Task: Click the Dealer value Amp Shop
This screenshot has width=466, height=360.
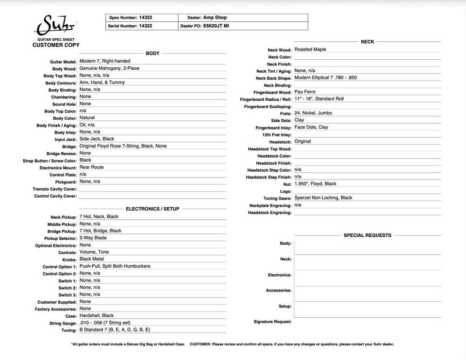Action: (x=215, y=17)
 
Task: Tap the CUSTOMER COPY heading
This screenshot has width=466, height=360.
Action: (x=56, y=45)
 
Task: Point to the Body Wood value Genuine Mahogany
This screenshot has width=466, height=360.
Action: (x=109, y=68)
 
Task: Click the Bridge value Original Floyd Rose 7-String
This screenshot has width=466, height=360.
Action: (x=123, y=146)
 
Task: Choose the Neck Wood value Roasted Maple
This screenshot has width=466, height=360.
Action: (x=310, y=49)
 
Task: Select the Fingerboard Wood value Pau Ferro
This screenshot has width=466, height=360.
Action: (x=305, y=92)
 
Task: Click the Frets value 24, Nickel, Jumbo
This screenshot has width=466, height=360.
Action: (x=313, y=113)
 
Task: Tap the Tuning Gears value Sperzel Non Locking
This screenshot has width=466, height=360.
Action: (x=323, y=198)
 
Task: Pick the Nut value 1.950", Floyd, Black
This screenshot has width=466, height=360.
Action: (x=315, y=184)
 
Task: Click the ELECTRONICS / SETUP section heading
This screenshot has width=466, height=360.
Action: (x=152, y=209)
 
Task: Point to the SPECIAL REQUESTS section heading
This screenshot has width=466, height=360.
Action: (x=367, y=235)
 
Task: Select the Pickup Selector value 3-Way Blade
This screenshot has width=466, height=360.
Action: (x=93, y=238)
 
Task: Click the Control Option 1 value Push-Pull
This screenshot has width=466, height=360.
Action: (x=115, y=266)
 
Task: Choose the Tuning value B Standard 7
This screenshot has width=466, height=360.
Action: (x=115, y=330)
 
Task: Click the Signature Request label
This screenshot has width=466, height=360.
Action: (x=272, y=322)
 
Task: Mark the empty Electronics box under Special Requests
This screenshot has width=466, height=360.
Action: (x=367, y=279)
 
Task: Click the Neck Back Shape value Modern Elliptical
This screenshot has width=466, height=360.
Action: (x=325, y=78)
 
